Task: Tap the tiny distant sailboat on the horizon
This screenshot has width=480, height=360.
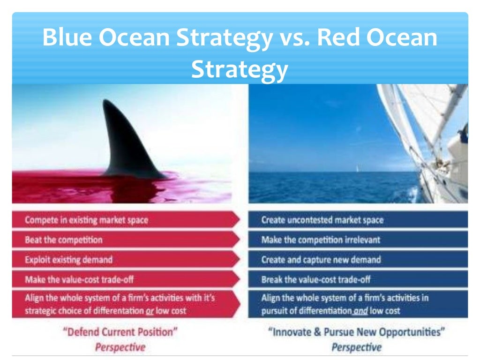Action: tap(357, 169)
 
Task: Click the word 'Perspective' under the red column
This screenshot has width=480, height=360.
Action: tap(120, 347)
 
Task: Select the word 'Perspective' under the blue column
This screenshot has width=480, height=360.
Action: tap(356, 347)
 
